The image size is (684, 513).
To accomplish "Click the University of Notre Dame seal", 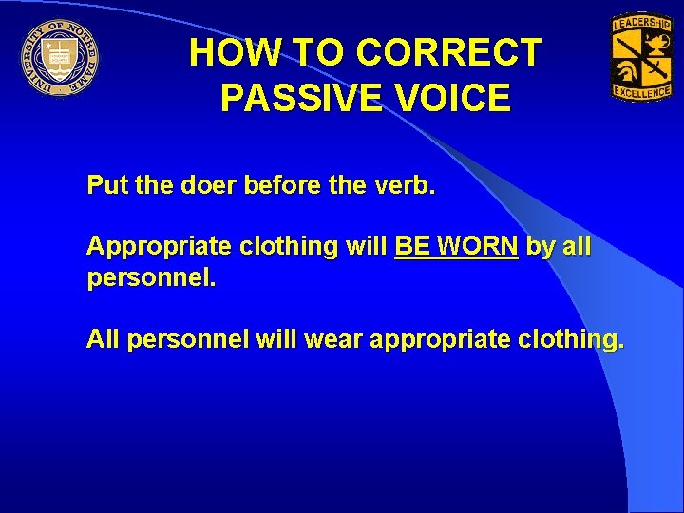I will [60, 57].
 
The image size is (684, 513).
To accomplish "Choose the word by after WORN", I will [541, 246].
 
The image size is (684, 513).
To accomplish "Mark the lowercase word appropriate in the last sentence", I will [436, 339].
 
